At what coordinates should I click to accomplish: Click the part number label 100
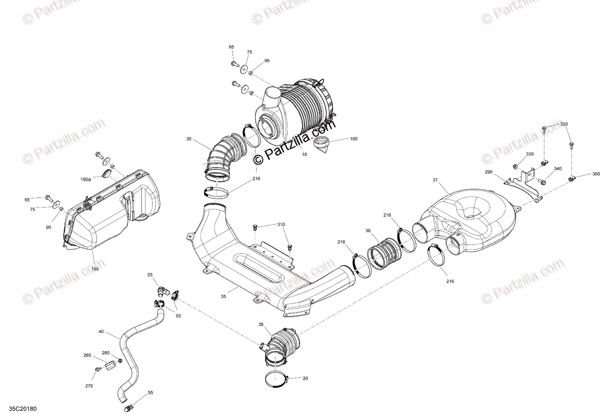pos(353,138)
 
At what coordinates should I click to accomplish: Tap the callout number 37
pos(435,180)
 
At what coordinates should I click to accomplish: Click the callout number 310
pos(281,224)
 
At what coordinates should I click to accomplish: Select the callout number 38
pos(260,324)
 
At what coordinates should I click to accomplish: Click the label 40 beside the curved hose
pos(101,331)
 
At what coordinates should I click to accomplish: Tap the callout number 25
pos(149,275)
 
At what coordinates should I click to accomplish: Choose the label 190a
pos(85,179)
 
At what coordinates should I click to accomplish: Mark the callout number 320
pos(563,124)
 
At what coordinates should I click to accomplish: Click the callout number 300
pos(595,174)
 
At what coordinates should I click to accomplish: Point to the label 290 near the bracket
pos(488,172)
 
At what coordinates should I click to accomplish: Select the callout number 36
pos(367,231)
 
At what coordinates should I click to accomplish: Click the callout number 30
pos(189,139)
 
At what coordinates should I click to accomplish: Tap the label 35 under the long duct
pos(223,296)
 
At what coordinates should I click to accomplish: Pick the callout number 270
pos(88,386)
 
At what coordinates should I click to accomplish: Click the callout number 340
pos(557,169)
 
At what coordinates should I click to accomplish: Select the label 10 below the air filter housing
pos(304,154)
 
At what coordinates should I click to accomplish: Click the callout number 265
pos(87,355)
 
